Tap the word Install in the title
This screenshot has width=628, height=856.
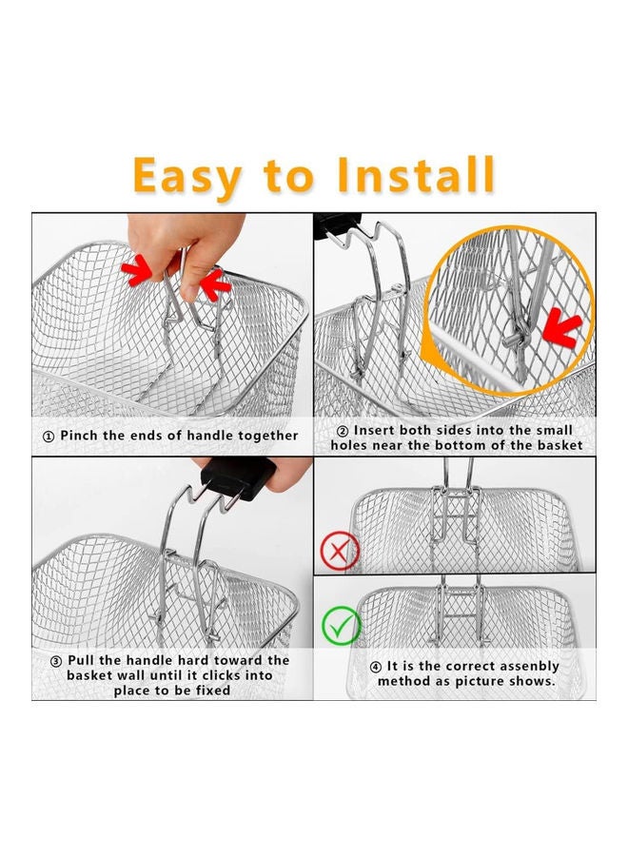416,175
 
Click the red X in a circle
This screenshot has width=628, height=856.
339,552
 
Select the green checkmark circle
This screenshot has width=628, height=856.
341,626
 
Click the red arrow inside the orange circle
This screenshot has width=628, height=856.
561,327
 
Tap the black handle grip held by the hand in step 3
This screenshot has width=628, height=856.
238,477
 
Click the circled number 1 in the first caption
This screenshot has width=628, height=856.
49,437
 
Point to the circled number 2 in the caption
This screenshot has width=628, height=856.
343,431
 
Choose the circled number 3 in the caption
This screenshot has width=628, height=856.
56,662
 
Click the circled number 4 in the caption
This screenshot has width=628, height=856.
375,667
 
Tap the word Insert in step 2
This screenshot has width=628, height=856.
374,430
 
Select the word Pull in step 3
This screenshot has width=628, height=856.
82,661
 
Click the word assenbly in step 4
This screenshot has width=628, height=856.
529,667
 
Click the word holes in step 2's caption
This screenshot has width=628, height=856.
348,445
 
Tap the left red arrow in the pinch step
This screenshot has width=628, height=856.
137,270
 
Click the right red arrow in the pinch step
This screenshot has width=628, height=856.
215,283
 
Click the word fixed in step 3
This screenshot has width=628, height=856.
212,691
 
